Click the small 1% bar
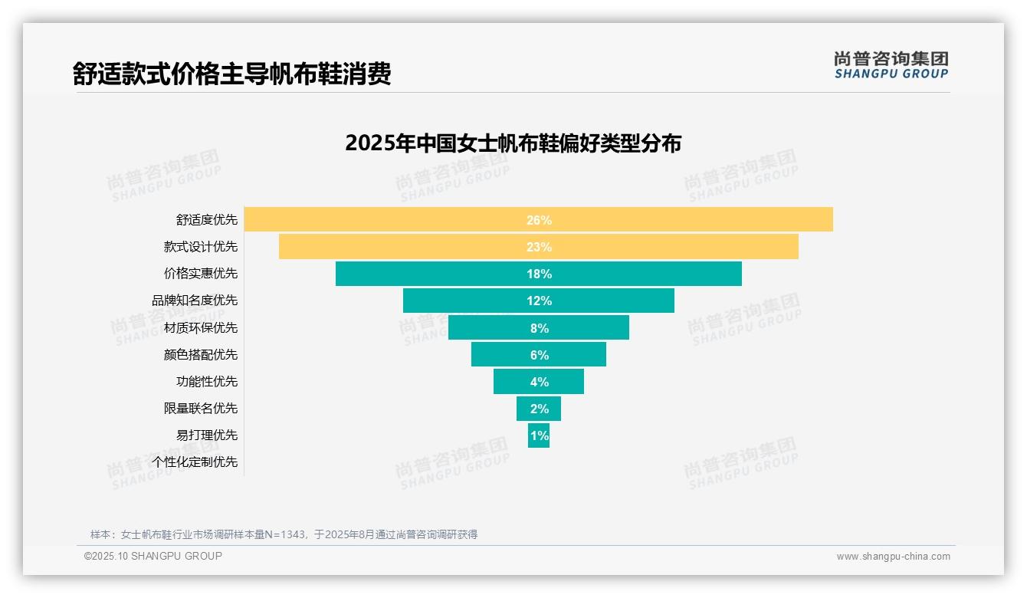[x=539, y=435]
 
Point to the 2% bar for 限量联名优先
[x=539, y=409]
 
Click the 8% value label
[x=539, y=328]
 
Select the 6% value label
[x=539, y=355]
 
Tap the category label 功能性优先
[x=207, y=381]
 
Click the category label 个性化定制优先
[x=195, y=462]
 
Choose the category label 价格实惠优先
[x=201, y=273]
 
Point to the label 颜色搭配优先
[x=201, y=354]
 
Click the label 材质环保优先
[x=201, y=327]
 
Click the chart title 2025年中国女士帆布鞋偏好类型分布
[x=513, y=143]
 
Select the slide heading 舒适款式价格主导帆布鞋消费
[x=231, y=74]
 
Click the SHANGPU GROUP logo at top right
[x=891, y=65]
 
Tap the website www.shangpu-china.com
[x=893, y=557]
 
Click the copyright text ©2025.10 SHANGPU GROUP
[x=153, y=556]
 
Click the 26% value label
[x=539, y=220]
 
